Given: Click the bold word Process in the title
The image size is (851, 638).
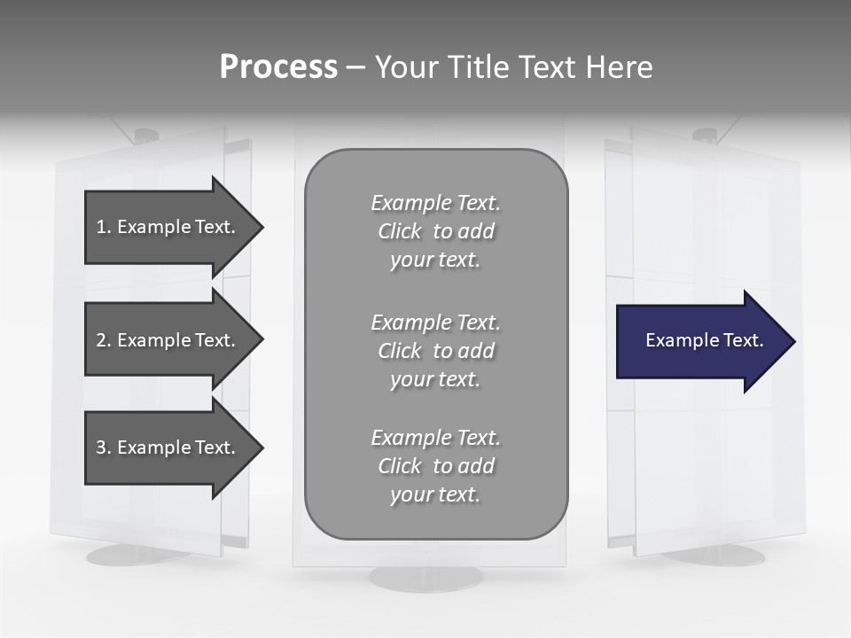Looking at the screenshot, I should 278,67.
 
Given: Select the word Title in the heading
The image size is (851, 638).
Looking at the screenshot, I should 476,67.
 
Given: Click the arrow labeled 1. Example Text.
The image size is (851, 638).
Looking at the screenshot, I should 168,227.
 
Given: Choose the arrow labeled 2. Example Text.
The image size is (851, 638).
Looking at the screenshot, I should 168,340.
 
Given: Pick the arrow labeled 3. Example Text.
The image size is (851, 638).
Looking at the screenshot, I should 168,447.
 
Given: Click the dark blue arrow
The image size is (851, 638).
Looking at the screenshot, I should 700,341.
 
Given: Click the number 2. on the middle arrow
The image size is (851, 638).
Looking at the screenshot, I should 104,340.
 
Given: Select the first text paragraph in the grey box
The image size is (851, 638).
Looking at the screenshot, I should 435,231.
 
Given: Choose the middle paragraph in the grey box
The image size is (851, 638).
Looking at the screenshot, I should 435,351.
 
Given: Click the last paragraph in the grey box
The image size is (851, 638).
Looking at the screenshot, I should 435,466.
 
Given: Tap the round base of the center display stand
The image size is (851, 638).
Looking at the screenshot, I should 425,578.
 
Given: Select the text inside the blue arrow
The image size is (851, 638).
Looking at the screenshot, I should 704,340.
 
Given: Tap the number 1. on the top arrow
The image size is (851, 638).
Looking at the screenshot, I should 104,227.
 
